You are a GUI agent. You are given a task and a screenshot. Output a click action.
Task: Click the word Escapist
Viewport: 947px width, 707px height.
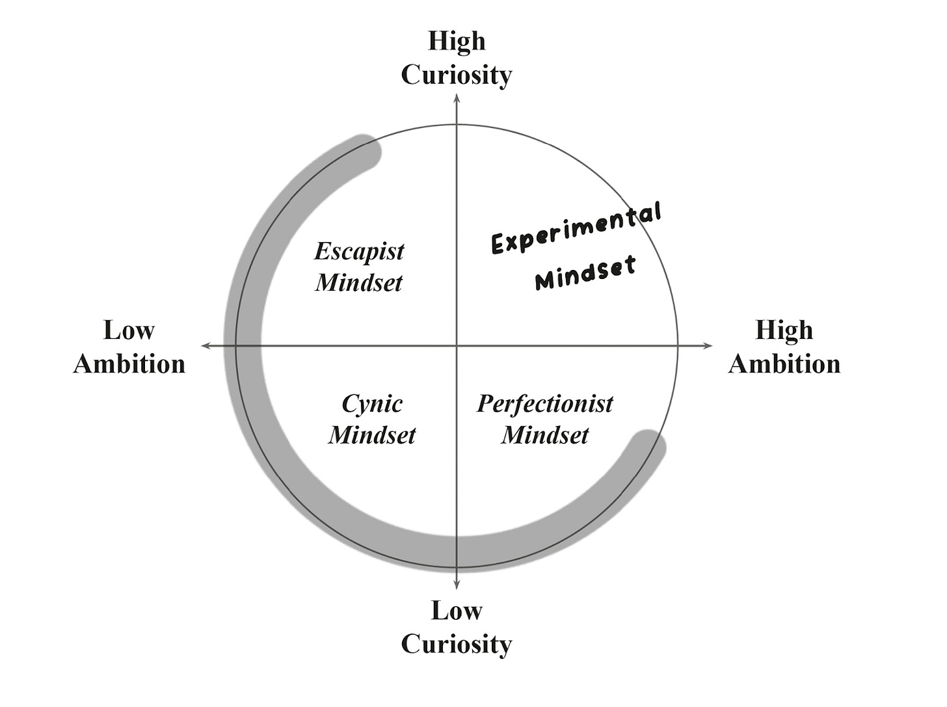coord(359,252)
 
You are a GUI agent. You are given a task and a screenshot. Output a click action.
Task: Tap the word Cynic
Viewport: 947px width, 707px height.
coord(372,404)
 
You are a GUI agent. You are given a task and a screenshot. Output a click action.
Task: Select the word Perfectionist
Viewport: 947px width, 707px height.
coord(545,404)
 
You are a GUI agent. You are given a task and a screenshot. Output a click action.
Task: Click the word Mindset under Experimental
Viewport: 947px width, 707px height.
coord(585,273)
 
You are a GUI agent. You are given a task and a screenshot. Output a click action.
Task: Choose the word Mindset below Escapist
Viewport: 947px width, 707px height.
coord(359,283)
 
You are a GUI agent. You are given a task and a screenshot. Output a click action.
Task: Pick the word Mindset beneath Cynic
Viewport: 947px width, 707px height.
coord(372,435)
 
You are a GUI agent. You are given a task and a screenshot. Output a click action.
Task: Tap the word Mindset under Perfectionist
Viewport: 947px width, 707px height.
coord(545,435)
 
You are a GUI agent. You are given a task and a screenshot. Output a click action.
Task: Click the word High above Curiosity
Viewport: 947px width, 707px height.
coord(457,41)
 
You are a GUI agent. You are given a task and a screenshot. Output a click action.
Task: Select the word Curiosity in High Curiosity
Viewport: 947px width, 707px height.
coord(457,75)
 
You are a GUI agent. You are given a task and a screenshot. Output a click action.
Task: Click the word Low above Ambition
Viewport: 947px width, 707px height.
coord(129,330)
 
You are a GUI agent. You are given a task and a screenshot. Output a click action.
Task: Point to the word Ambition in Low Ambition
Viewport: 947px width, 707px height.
coord(129,364)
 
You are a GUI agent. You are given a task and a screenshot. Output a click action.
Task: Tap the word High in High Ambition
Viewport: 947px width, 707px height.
coord(784,330)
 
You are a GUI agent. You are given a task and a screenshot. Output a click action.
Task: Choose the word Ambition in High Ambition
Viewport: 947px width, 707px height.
coord(784,364)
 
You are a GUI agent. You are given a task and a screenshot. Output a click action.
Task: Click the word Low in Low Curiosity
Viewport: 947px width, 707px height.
coord(457,611)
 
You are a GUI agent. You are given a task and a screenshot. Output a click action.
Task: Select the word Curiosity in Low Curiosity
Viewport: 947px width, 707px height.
coord(457,645)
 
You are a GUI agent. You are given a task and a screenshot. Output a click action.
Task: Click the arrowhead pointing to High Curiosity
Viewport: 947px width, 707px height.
coord(457,99)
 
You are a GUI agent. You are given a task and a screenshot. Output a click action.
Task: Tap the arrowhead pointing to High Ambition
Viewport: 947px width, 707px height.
coord(708,345)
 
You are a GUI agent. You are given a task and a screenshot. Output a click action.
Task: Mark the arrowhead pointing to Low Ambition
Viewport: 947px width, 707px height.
coord(206,345)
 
